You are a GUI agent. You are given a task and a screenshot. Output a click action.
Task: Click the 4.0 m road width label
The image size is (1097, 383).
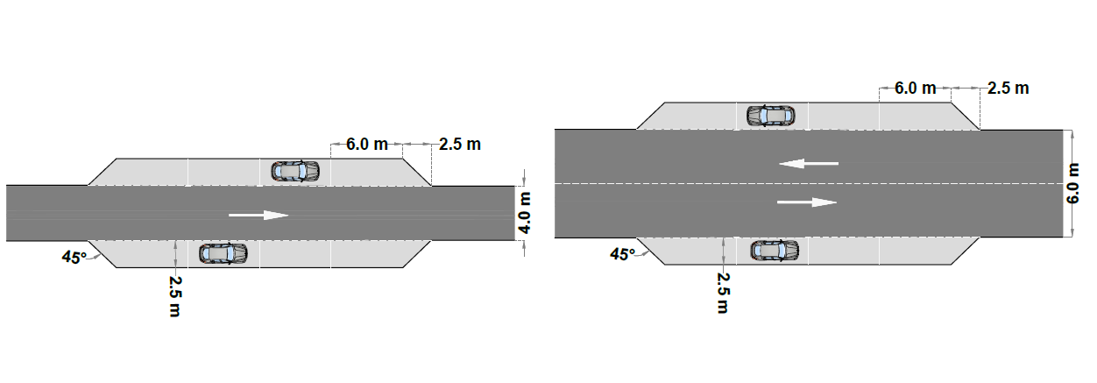525,213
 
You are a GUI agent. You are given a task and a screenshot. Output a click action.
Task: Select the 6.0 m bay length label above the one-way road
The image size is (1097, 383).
367,145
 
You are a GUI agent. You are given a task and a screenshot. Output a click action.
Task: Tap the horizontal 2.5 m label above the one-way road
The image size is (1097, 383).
460,145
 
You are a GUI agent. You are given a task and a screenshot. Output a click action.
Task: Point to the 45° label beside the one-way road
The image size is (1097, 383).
74,257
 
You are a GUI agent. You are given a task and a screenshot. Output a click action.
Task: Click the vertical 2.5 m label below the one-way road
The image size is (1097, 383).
175,296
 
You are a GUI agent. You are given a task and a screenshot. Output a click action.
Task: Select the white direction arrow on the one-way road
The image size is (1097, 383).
258,215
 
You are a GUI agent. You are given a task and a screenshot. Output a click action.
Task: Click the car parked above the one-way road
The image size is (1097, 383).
295,172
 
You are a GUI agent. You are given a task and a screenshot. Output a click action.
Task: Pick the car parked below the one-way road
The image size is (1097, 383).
223,253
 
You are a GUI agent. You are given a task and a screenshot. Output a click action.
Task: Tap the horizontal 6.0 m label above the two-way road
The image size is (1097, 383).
916,89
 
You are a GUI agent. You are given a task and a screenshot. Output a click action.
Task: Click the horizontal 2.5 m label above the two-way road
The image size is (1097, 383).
1008,89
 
